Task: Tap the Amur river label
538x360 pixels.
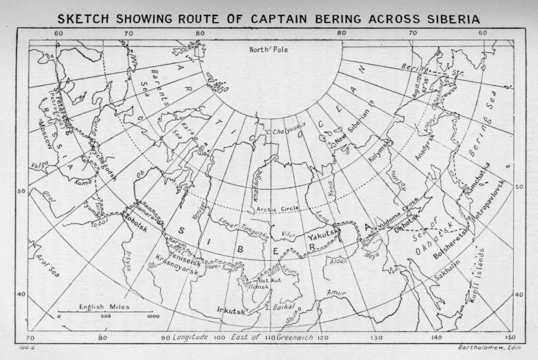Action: point(337,293)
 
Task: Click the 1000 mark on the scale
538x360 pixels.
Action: point(151,317)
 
